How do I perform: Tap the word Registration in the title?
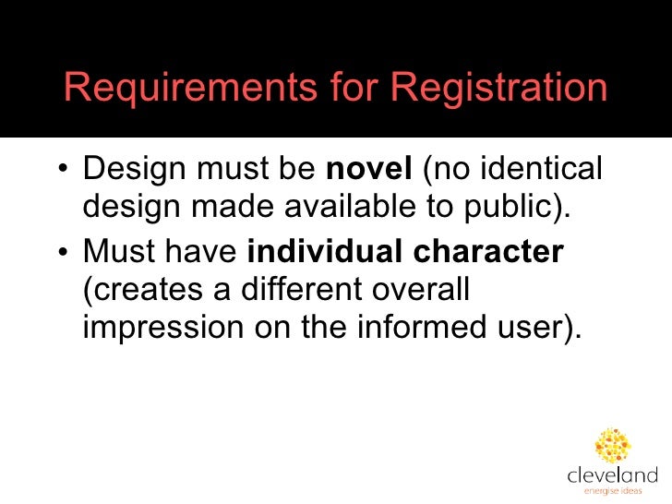point(498,90)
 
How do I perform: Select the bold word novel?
point(369,171)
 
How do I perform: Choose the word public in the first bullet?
point(512,210)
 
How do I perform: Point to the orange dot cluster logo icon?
point(613,445)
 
